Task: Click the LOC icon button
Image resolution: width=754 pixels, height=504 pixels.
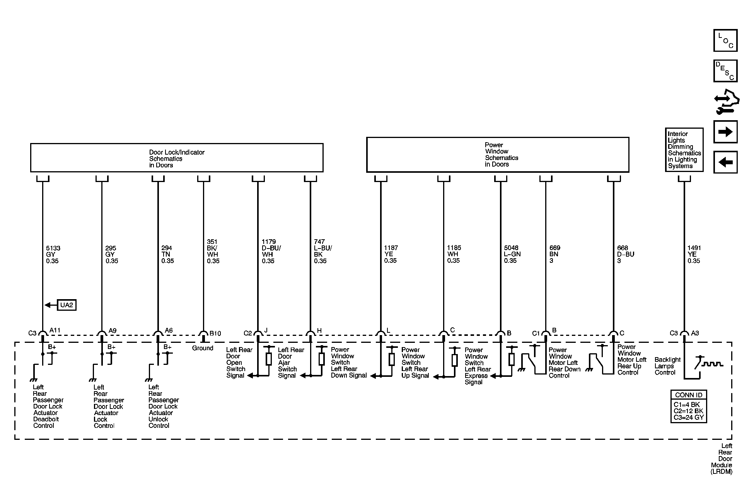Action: click(x=725, y=40)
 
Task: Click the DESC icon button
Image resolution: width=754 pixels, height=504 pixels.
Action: click(x=725, y=71)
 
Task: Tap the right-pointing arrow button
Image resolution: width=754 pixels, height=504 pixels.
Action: click(x=725, y=132)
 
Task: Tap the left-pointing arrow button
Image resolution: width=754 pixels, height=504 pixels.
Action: click(x=725, y=162)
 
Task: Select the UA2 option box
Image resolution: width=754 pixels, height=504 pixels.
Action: click(x=67, y=305)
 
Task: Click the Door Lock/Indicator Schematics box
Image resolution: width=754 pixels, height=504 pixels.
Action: click(x=177, y=158)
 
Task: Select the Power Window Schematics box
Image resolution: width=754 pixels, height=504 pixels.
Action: click(x=498, y=155)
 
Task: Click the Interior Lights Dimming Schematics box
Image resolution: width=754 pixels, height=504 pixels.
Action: click(x=684, y=150)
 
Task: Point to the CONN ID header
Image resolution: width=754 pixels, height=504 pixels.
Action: click(x=688, y=395)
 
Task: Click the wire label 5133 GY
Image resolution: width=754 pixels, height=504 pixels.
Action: click(x=53, y=254)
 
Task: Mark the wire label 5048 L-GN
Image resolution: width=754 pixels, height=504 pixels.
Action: click(x=512, y=254)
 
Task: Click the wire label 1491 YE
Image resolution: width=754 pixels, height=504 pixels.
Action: click(x=694, y=254)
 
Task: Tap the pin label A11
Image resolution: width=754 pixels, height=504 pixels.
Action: click(x=55, y=330)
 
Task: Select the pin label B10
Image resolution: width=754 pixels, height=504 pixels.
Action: click(x=215, y=333)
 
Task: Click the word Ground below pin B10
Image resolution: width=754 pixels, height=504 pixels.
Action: click(x=203, y=348)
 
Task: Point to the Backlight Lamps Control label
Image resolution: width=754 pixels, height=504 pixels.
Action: click(x=667, y=366)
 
